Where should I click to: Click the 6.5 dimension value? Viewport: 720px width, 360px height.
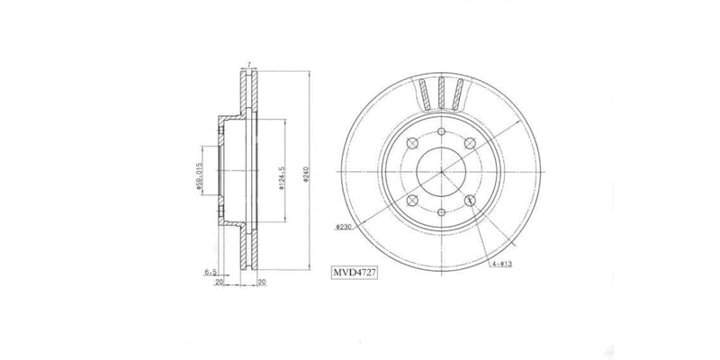coord(209,270)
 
